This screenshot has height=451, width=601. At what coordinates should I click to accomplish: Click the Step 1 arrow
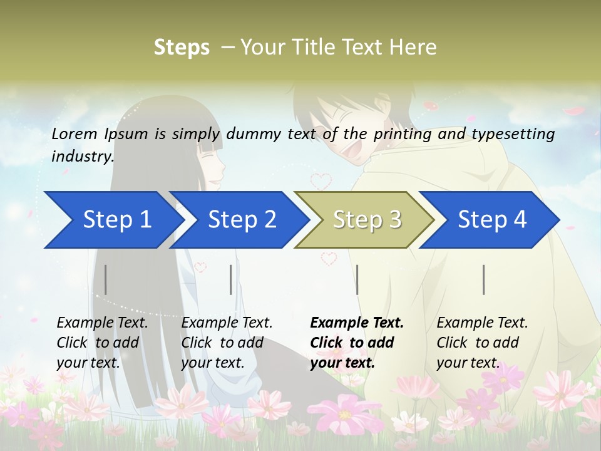(x=113, y=220)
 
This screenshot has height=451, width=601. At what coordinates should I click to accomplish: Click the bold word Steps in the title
(x=182, y=47)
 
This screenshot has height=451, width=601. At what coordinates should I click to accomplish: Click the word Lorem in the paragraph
(x=74, y=133)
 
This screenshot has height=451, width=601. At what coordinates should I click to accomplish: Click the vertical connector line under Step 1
(x=106, y=279)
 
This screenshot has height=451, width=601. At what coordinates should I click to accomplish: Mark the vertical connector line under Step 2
(x=231, y=279)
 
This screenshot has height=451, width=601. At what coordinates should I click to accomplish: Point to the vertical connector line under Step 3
(x=357, y=279)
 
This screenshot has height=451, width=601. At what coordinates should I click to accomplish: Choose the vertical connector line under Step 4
(x=484, y=279)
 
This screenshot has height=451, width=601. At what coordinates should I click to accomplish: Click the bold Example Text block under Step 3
(x=357, y=343)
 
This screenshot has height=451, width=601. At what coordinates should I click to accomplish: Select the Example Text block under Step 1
(x=102, y=343)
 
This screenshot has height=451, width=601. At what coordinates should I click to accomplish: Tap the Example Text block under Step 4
(x=482, y=343)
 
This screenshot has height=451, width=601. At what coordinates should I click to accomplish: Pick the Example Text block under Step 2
(x=227, y=343)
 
